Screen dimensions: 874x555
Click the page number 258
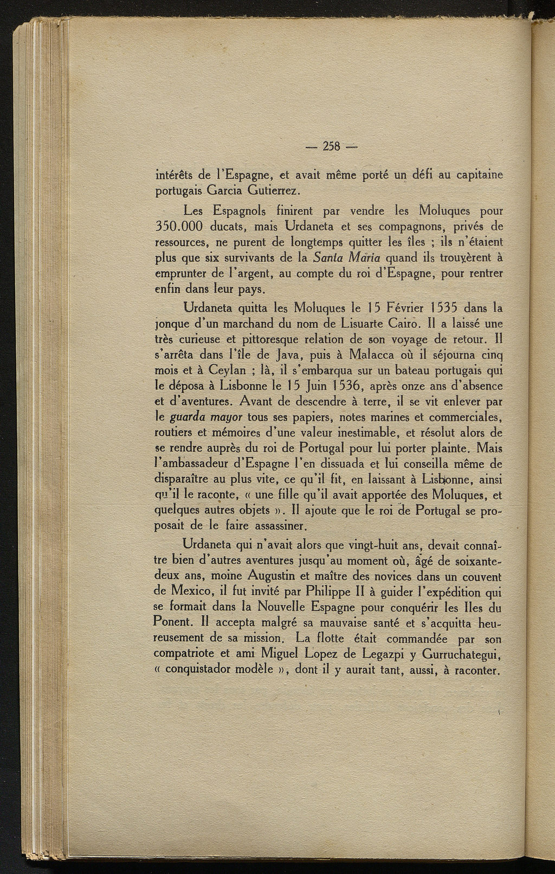tap(330, 146)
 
